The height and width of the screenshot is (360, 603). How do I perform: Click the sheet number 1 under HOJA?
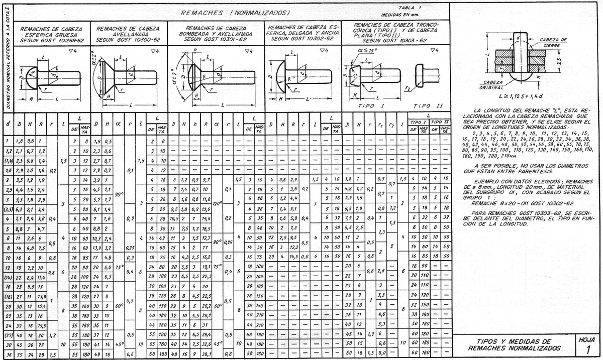pyautogui.click(x=587, y=349)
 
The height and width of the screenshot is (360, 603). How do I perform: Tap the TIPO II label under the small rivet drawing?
pyautogui.click(x=425, y=107)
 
